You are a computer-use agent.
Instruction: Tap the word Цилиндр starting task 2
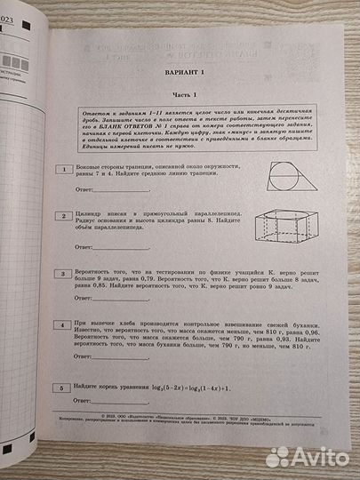(92, 215)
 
